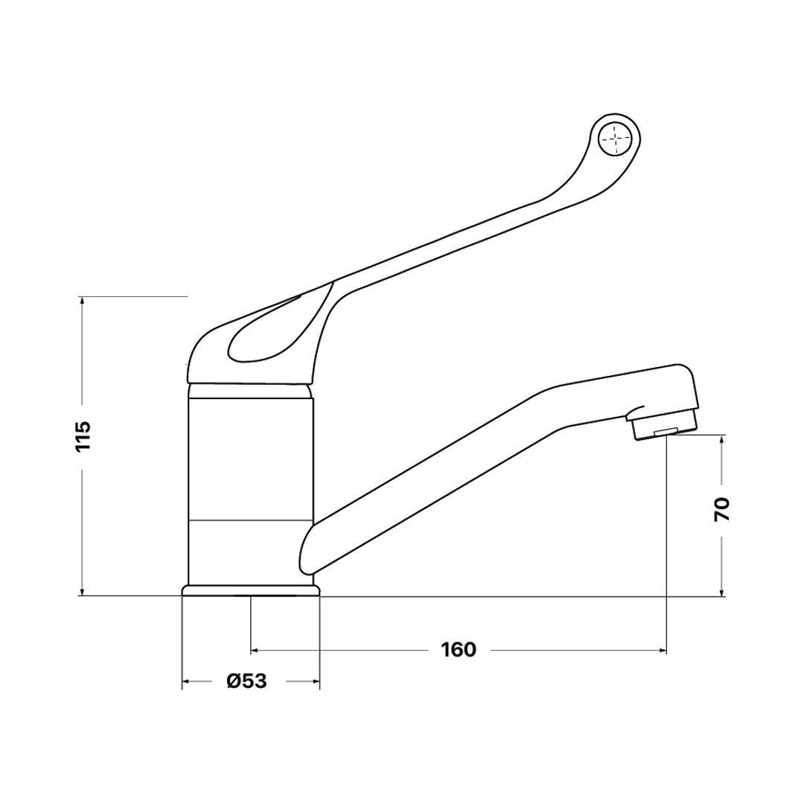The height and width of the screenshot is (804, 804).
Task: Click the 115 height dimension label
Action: [83, 435]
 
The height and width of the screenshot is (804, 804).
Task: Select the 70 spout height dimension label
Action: [722, 509]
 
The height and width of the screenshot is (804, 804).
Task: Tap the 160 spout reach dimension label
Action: [459, 650]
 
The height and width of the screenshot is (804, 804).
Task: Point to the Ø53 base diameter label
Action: [248, 681]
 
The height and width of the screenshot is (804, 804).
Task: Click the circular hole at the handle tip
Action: [615, 138]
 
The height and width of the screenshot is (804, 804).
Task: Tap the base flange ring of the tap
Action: [251, 590]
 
